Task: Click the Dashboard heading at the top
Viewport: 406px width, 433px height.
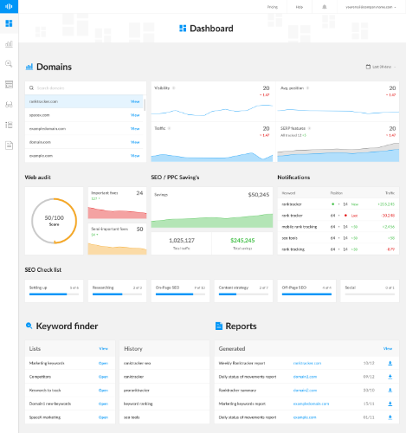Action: pos(211,29)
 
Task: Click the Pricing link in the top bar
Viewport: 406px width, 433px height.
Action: pos(272,6)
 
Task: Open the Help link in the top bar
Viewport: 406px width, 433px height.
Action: pos(299,6)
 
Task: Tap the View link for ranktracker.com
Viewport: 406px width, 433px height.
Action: pos(134,101)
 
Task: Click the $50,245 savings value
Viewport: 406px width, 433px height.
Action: pos(258,194)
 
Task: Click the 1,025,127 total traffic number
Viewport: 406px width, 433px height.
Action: pos(182,240)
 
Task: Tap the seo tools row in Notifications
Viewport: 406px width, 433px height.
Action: pos(292,237)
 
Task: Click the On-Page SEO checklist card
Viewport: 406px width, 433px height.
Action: pos(180,289)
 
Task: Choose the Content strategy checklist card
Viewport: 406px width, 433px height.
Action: pos(242,289)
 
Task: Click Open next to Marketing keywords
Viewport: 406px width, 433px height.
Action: pos(103,364)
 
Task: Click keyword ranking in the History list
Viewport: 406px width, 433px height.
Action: pos(139,404)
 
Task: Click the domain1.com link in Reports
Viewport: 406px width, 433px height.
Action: pos(306,377)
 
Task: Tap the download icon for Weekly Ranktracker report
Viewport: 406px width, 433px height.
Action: pos(390,364)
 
